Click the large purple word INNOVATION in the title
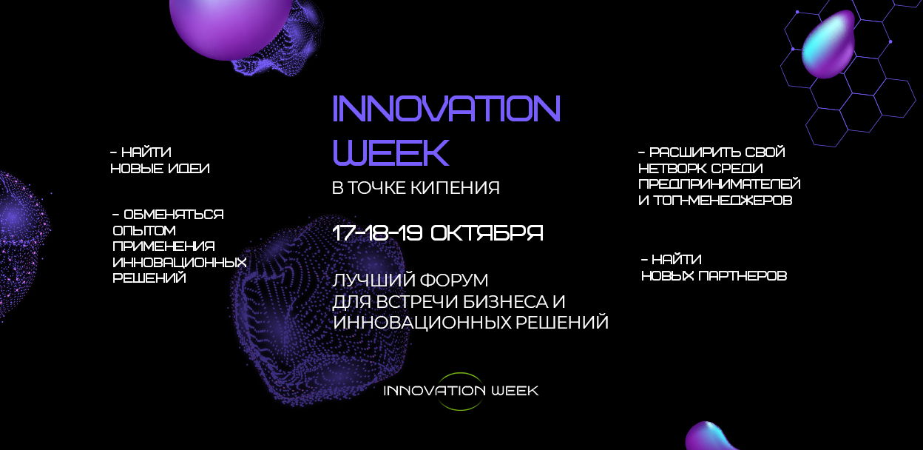click(446, 109)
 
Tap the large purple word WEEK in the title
click(390, 152)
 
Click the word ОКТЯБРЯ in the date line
click(487, 233)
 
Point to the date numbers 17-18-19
click(377, 233)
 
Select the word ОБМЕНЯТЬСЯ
click(174, 215)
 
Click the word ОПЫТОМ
click(144, 230)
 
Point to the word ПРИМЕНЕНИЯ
click(163, 246)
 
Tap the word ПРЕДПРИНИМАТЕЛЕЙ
click(720, 184)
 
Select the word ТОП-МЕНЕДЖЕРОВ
click(723, 201)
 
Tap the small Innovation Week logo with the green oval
click(461, 391)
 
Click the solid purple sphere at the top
click(231, 27)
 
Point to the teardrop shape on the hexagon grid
click(828, 44)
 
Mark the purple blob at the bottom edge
click(711, 437)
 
